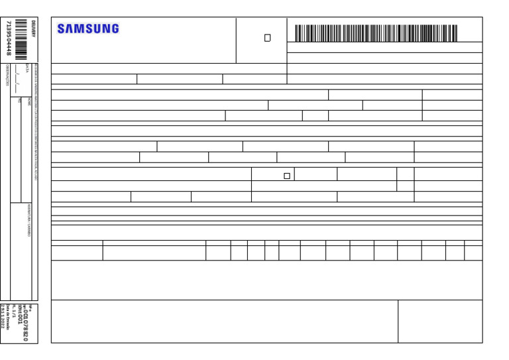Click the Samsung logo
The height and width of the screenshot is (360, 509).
(x=88, y=29)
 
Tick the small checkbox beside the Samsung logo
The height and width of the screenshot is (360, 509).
(x=268, y=38)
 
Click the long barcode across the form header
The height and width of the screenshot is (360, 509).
(x=376, y=33)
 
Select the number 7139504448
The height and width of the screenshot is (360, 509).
(x=8, y=38)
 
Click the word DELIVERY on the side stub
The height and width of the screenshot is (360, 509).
(x=33, y=28)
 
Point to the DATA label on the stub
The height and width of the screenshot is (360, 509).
(x=27, y=68)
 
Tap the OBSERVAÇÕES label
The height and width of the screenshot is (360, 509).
(x=7, y=75)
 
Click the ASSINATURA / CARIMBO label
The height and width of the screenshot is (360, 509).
(x=29, y=220)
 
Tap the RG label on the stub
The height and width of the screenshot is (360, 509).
(x=20, y=100)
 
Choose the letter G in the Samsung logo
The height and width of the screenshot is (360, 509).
(x=115, y=29)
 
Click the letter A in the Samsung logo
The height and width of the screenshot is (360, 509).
(x=70, y=29)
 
